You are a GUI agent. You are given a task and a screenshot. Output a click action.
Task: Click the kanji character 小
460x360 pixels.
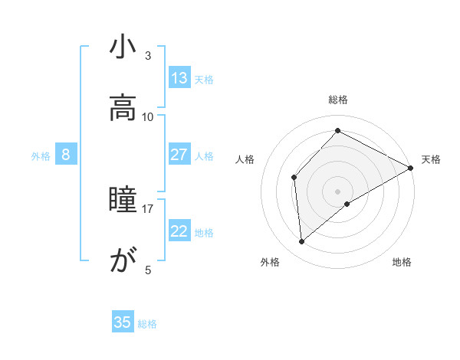pos(123,47)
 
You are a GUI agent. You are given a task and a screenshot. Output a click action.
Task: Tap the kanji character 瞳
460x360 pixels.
pos(123,201)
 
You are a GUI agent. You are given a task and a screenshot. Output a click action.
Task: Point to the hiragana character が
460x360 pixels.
pos(123,262)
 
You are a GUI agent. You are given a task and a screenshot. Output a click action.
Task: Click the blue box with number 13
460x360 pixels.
pos(179,78)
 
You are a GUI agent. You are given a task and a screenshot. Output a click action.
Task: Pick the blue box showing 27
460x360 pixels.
pos(179,155)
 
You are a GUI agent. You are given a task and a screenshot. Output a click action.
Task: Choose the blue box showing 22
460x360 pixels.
pos(179,231)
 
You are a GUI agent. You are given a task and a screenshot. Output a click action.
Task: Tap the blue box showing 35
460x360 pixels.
pos(123,322)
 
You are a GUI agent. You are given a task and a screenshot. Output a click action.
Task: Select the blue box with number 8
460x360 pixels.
pos(66,155)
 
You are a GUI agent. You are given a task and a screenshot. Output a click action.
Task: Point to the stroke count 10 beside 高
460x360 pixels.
pos(148,116)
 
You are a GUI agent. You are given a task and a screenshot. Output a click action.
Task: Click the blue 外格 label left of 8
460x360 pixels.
pos(41,155)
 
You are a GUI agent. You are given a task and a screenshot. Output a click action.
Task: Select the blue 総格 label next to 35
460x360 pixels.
pos(147,323)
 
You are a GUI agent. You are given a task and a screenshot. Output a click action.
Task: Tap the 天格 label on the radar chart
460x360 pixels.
pos(431,159)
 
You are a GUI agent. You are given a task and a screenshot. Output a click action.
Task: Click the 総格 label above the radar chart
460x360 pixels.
pos(338,100)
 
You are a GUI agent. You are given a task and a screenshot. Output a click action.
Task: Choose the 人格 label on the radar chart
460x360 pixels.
pos(245,159)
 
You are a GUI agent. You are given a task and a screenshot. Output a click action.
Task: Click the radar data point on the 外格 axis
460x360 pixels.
pos(302,242)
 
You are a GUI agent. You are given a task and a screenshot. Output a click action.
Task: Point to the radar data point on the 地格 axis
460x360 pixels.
pos(347,204)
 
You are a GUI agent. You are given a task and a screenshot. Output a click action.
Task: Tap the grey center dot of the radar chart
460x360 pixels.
pos(337,191)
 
